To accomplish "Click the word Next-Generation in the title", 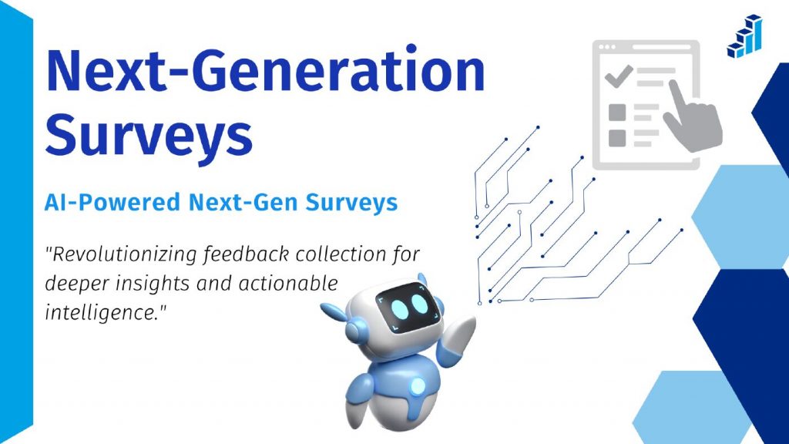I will (x=266, y=71).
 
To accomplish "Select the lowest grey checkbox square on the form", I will (x=617, y=137).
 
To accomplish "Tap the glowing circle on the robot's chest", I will (x=417, y=383).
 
